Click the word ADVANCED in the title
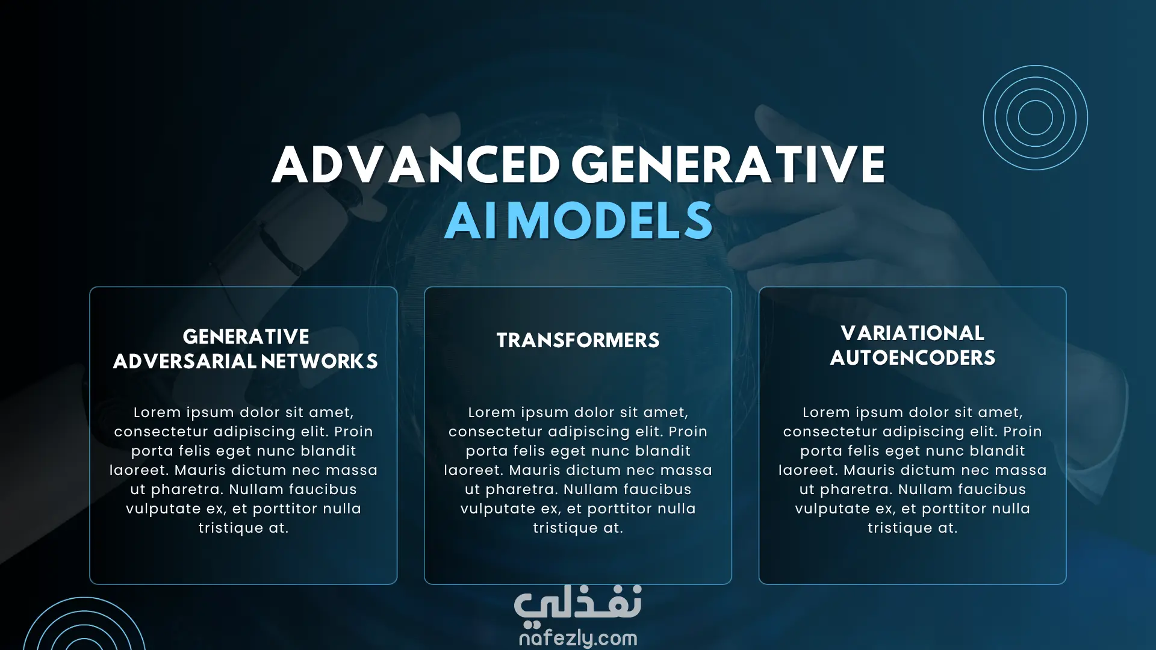[x=416, y=164]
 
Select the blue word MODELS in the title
[x=610, y=220]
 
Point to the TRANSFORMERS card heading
[x=578, y=340]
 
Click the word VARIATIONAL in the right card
[x=913, y=333]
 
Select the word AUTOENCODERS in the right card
[x=913, y=357]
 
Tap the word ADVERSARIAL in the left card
[x=184, y=361]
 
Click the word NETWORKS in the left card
[x=320, y=361]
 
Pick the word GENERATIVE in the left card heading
[x=246, y=336]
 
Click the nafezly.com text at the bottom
[x=578, y=637]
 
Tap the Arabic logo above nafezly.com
[x=578, y=604]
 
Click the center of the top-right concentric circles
[x=1036, y=117]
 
